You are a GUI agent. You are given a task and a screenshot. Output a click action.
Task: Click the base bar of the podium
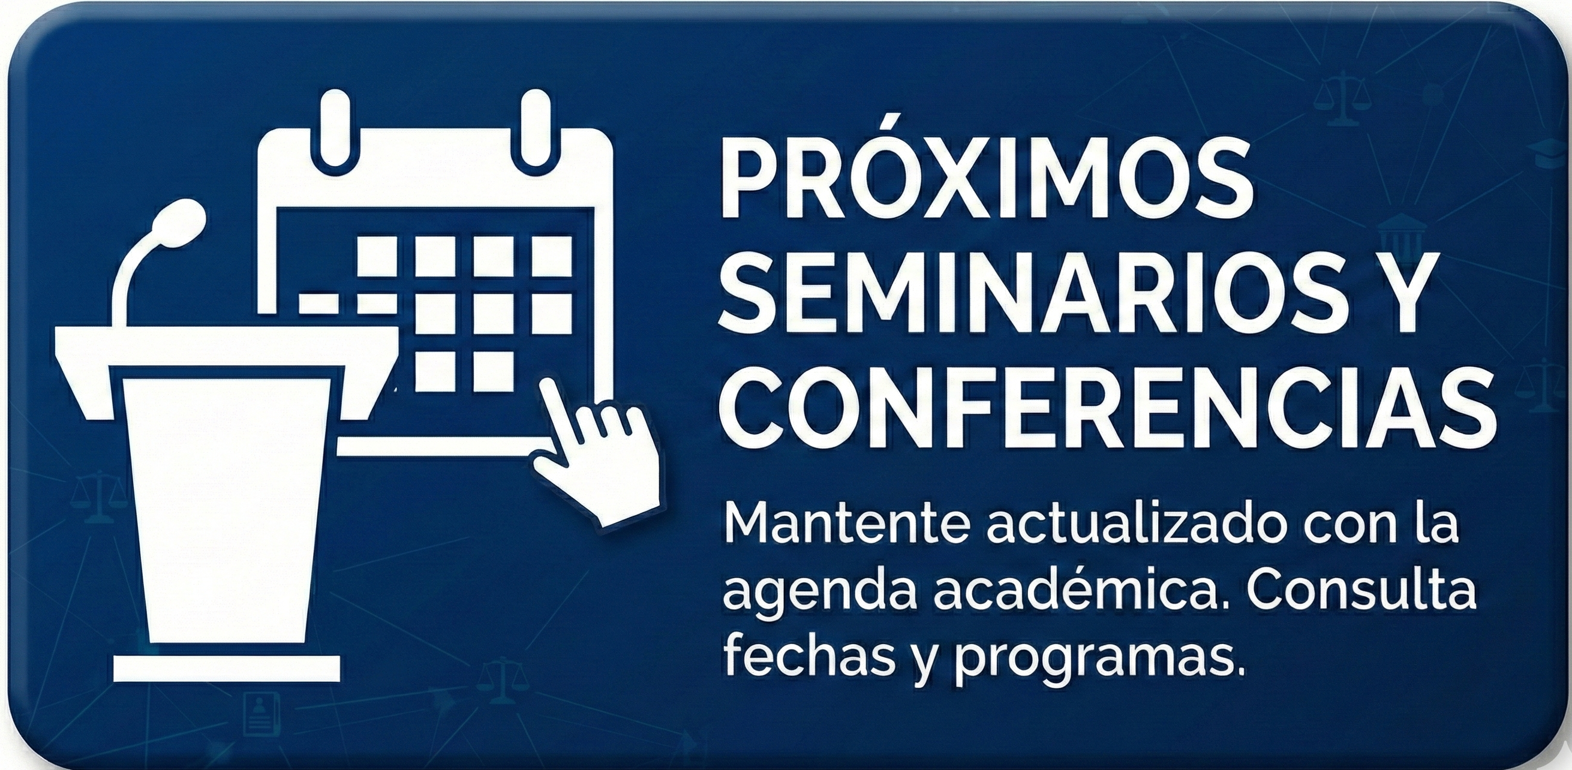(226, 669)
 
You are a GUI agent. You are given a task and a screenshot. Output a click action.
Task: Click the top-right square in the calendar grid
(552, 257)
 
